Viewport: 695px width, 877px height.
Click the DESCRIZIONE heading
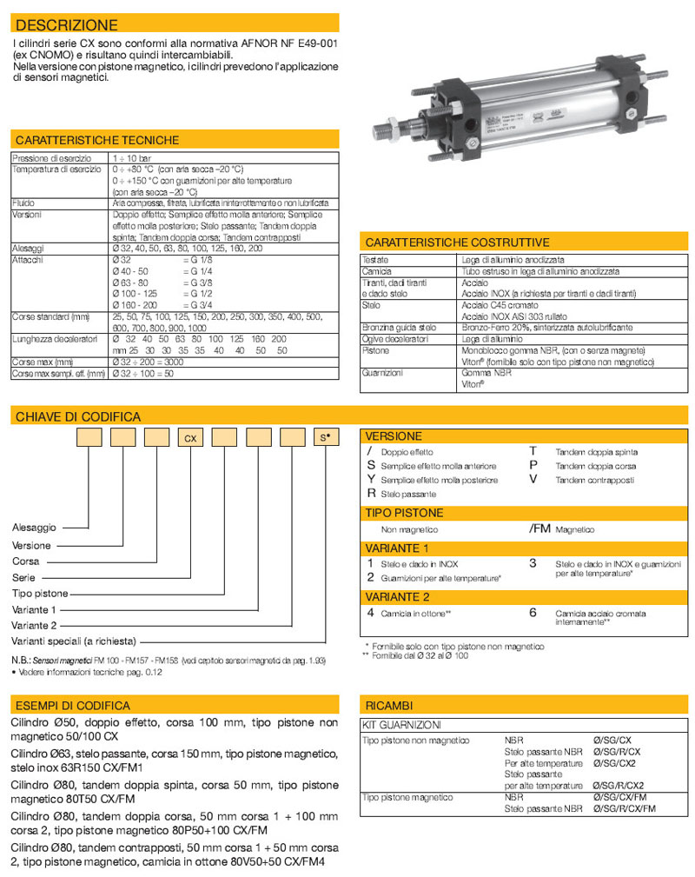(x=67, y=25)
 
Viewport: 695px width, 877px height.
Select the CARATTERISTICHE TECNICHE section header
(x=97, y=140)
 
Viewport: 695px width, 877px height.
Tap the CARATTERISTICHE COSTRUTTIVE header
(x=457, y=243)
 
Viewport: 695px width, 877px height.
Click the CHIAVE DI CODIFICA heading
(x=78, y=417)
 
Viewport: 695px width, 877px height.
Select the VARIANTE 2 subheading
(x=397, y=596)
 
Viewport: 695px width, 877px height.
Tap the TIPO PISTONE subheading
(x=404, y=513)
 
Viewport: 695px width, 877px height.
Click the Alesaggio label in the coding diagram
(x=35, y=528)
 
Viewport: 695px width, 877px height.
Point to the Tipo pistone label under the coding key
(x=39, y=593)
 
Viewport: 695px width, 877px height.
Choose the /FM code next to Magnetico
(x=539, y=528)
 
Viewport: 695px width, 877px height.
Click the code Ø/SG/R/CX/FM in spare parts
(x=623, y=808)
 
